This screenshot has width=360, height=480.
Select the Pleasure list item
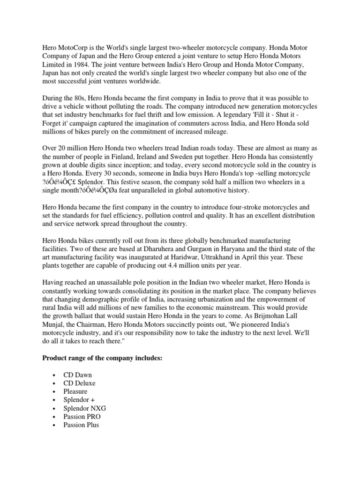pos(75,391)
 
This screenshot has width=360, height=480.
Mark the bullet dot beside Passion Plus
pos(54,424)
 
